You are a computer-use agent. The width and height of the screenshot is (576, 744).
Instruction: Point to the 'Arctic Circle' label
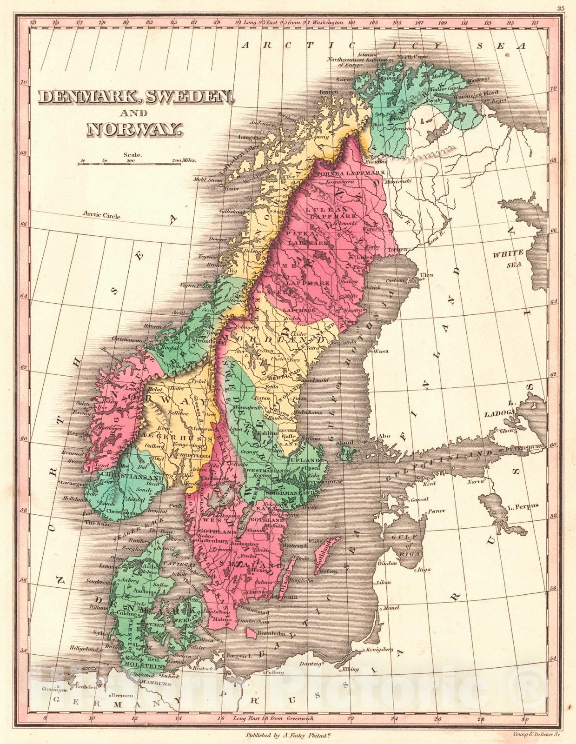tap(101, 215)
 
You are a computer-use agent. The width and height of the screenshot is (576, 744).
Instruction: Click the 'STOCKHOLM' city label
tap(326, 482)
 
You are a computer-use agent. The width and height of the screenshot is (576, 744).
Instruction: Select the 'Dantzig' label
tap(311, 664)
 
